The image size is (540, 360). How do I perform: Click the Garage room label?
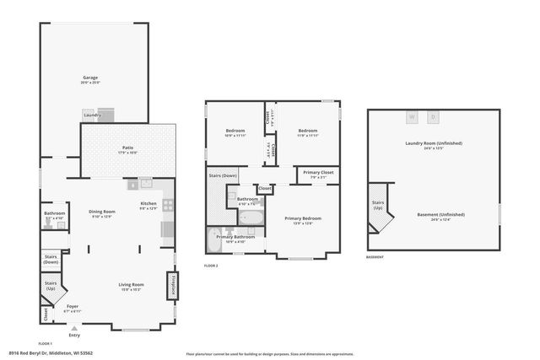tap(90, 78)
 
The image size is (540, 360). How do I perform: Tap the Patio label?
tap(127, 149)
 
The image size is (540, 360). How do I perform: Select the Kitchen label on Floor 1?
tap(148, 205)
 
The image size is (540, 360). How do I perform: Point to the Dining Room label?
tap(102, 212)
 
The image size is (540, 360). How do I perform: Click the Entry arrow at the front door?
tap(74, 328)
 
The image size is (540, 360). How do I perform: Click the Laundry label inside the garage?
tap(92, 115)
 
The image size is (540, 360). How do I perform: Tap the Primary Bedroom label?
tap(303, 219)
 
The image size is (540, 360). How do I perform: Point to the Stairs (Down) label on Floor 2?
tap(223, 175)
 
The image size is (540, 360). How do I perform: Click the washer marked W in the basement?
tap(413, 116)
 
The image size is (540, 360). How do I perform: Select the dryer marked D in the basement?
tap(434, 116)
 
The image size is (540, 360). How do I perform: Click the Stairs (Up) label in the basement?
tap(378, 205)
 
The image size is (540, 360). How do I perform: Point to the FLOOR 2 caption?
tap(211, 266)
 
